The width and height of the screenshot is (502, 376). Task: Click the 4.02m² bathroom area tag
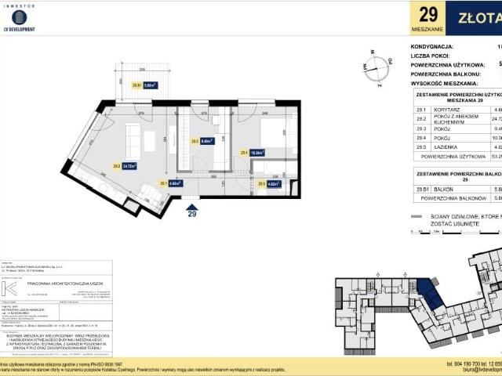tap(270, 185)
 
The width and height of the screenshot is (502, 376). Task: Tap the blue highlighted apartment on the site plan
tap(429, 297)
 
